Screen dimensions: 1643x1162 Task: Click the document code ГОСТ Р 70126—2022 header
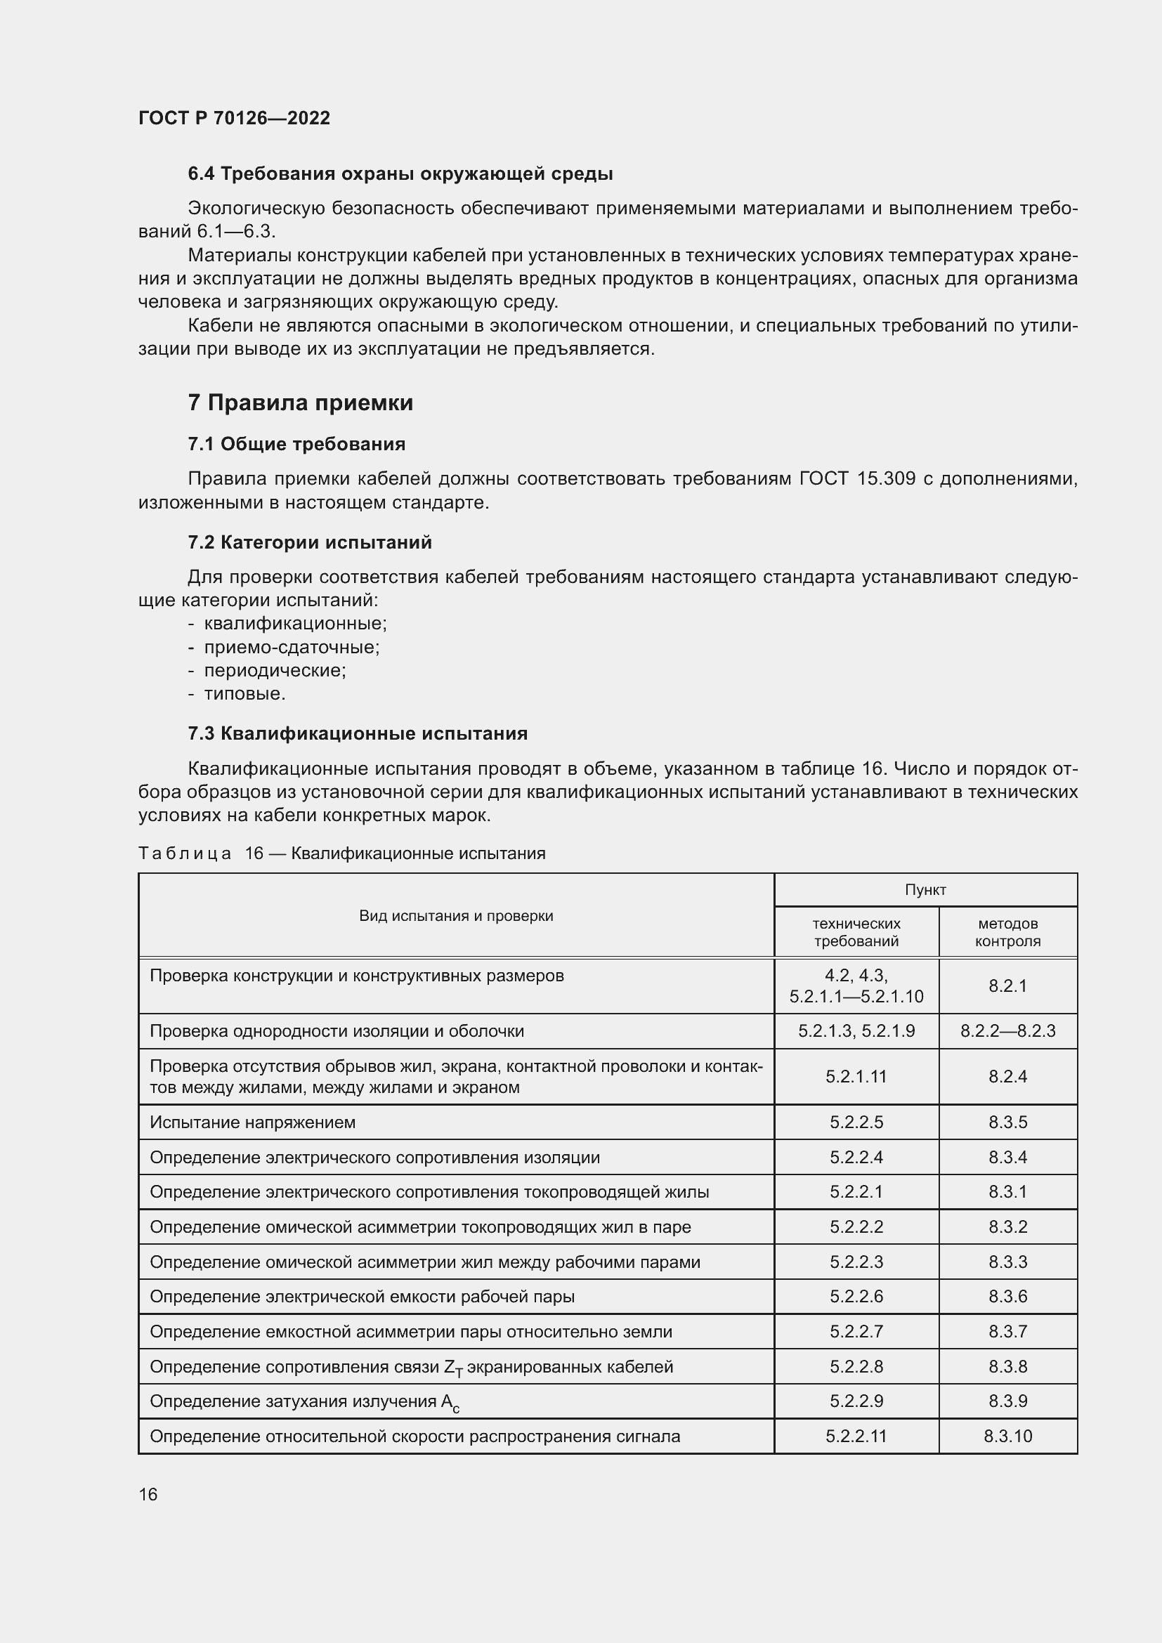[x=234, y=119]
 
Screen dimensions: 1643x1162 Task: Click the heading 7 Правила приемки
[x=301, y=403]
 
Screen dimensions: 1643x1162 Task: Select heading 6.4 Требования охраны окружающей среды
[x=400, y=174]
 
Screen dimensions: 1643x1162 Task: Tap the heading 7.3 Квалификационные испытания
[x=358, y=733]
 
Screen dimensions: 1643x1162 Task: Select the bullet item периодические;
[x=275, y=671]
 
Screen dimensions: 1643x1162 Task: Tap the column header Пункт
[x=925, y=889]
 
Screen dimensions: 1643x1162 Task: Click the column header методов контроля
[x=1007, y=932]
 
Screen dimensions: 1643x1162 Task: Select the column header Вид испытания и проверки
[x=456, y=915]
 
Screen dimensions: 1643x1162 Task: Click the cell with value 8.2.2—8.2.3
[x=1007, y=1031]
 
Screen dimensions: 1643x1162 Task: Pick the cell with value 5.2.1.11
[x=856, y=1076]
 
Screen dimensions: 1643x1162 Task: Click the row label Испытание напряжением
[x=253, y=1122]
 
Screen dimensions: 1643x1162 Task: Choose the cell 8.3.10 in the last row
[x=1007, y=1436]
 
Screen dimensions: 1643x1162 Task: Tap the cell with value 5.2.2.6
[x=856, y=1297]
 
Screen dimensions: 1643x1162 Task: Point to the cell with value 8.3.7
[x=1007, y=1332]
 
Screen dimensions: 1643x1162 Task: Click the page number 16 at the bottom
[x=148, y=1494]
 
